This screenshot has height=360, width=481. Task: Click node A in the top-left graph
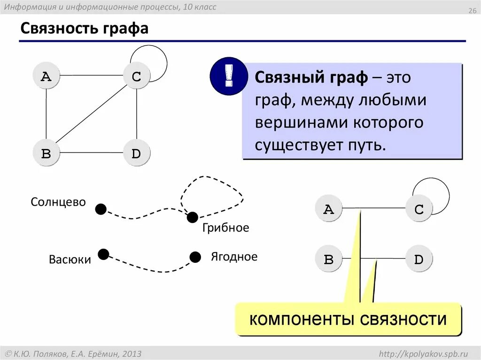click(x=46, y=76)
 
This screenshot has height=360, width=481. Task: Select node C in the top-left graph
click(x=137, y=76)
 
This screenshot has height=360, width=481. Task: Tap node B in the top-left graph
click(x=46, y=153)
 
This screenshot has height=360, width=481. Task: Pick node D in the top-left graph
click(x=137, y=153)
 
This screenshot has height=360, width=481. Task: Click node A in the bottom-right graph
click(x=329, y=209)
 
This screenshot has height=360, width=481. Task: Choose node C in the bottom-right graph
click(x=419, y=209)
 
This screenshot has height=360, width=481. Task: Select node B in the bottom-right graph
click(x=329, y=259)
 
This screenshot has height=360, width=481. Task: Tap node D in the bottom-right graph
click(x=419, y=259)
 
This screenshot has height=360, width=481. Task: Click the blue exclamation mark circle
click(x=229, y=76)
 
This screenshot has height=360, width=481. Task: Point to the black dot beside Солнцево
click(x=101, y=209)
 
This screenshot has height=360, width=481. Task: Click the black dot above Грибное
click(x=192, y=217)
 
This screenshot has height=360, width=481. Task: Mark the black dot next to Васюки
click(x=103, y=254)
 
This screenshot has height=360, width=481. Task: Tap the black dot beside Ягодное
click(x=195, y=257)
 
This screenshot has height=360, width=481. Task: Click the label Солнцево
click(x=58, y=202)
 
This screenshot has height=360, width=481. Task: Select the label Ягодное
click(x=234, y=257)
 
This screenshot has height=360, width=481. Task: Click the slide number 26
click(x=472, y=11)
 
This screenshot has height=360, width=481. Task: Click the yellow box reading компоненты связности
click(x=348, y=320)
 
